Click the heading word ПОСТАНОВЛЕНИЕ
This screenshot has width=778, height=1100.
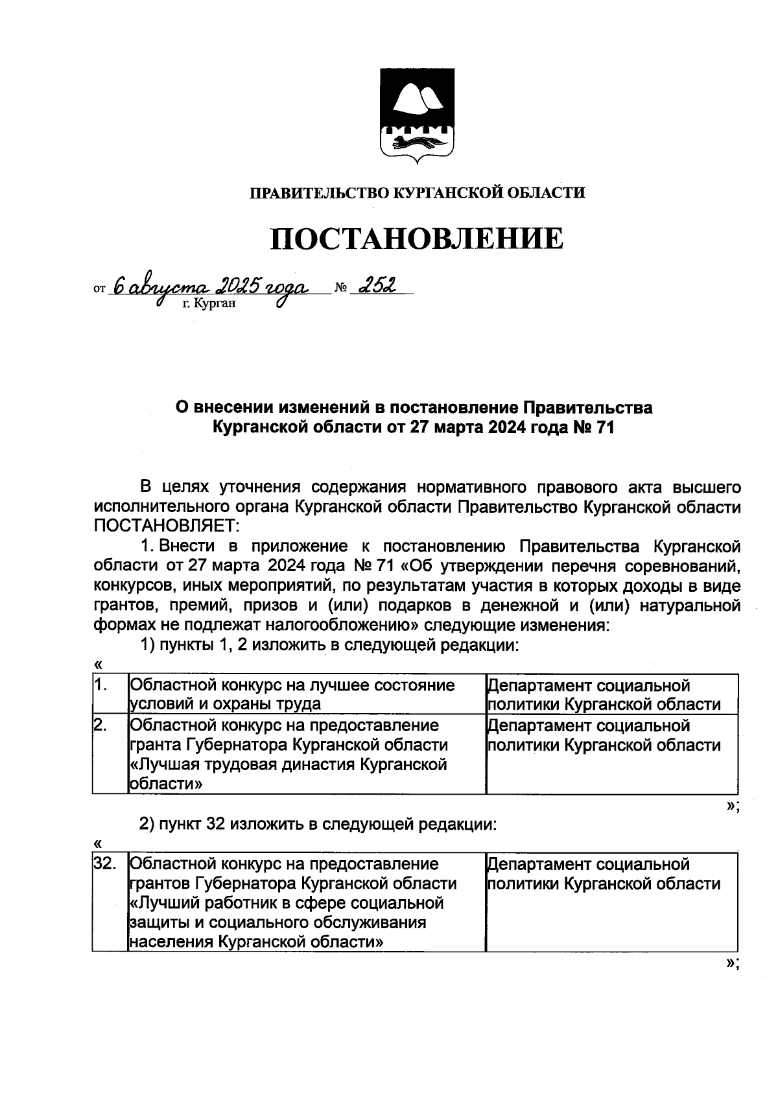tap(417, 239)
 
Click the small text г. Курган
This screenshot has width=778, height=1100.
tap(209, 303)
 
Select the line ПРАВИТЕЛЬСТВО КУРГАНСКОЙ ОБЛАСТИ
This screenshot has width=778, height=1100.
tap(417, 193)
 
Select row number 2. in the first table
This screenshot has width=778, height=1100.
tap(102, 725)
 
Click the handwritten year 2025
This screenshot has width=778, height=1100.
tap(239, 285)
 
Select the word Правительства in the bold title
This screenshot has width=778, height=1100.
tap(587, 408)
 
